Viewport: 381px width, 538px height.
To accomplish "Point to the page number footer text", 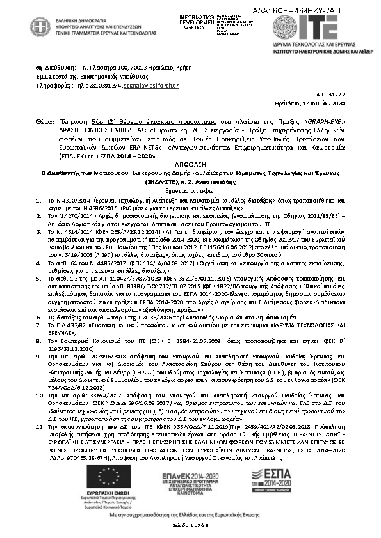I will click(190, 525).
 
